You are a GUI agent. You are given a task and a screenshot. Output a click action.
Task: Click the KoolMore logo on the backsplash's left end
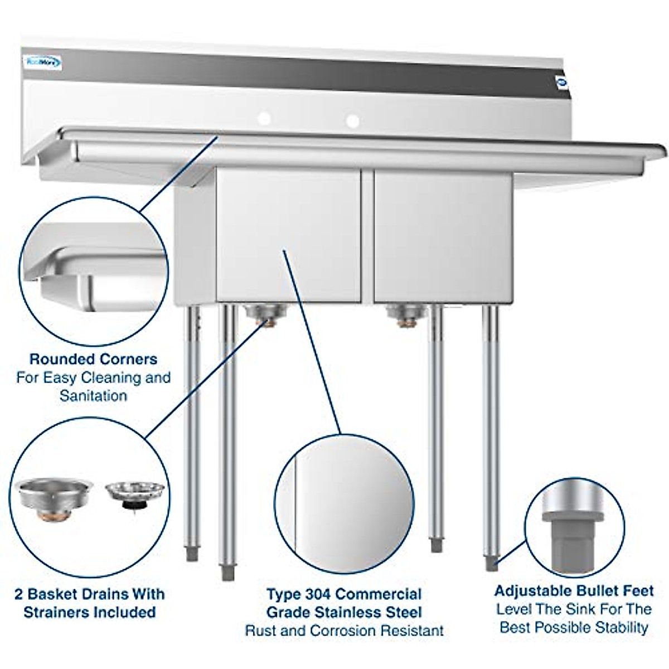tap(42, 61)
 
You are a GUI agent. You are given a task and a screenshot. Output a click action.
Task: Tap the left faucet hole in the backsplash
tap(264, 118)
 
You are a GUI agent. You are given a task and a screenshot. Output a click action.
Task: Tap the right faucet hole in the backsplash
tap(352, 120)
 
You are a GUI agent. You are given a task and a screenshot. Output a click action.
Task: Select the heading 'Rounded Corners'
tap(93, 359)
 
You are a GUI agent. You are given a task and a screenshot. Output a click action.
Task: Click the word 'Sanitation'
tap(93, 396)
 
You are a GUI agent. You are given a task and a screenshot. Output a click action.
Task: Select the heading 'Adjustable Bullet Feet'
tap(574, 590)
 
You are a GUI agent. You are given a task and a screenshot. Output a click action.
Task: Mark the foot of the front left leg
tap(228, 571)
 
